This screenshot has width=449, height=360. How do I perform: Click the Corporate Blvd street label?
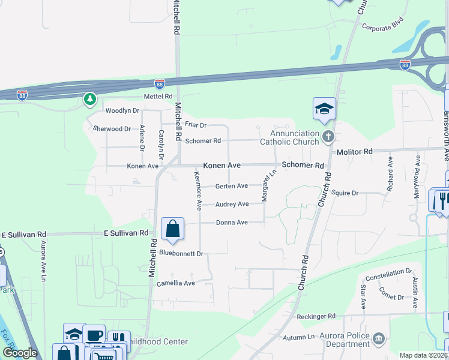click(x=383, y=26)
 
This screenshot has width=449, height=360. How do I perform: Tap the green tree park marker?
click(x=90, y=99)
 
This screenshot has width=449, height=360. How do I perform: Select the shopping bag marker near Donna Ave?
click(x=172, y=229)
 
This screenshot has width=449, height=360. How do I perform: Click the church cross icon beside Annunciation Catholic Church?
click(x=327, y=137)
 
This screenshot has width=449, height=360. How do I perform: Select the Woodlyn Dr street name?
click(x=122, y=111)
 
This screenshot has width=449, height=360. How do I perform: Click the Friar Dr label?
click(x=195, y=125)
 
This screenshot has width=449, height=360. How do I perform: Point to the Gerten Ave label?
click(x=231, y=186)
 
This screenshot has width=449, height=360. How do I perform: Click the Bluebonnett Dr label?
click(x=182, y=253)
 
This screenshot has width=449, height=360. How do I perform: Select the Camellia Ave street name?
click(x=176, y=283)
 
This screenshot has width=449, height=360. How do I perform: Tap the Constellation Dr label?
click(x=388, y=273)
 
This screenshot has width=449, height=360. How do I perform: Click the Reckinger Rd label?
click(x=316, y=316)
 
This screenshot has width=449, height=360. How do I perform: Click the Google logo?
click(x=20, y=353)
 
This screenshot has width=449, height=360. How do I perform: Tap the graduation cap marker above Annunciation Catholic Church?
click(x=324, y=109)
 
